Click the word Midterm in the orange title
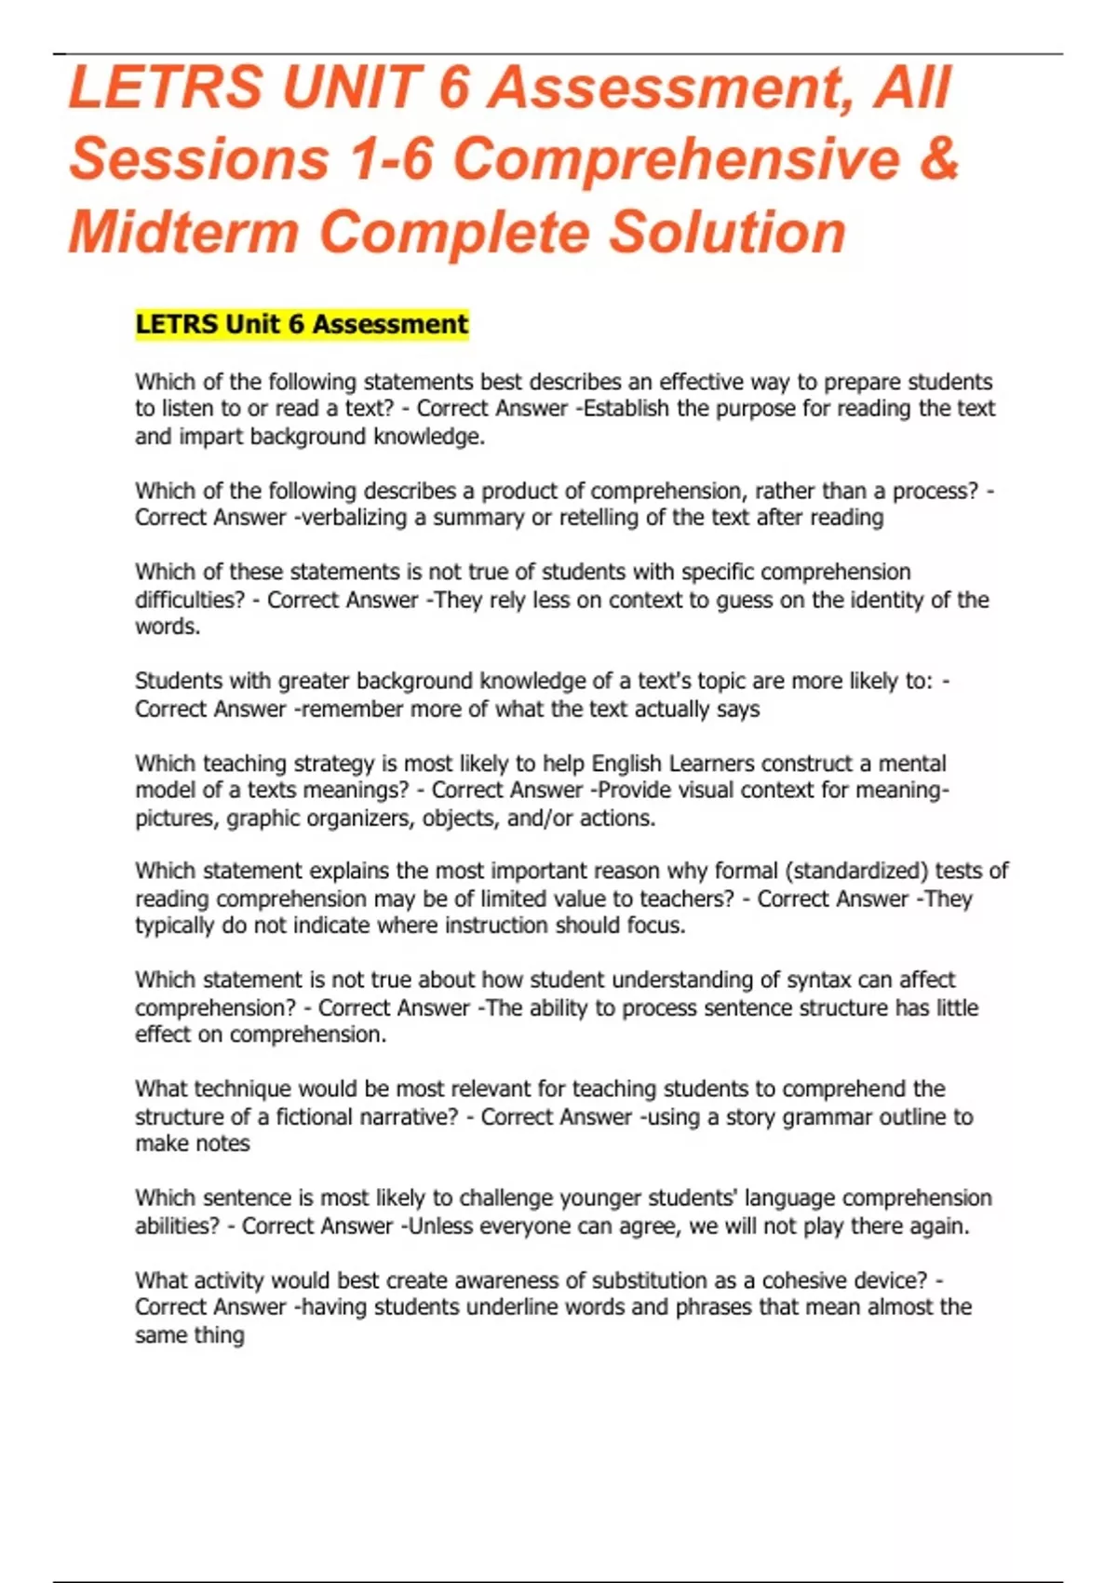[183, 231]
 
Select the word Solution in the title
[727, 231]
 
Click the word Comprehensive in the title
[677, 158]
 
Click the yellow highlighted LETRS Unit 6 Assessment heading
[302, 324]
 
